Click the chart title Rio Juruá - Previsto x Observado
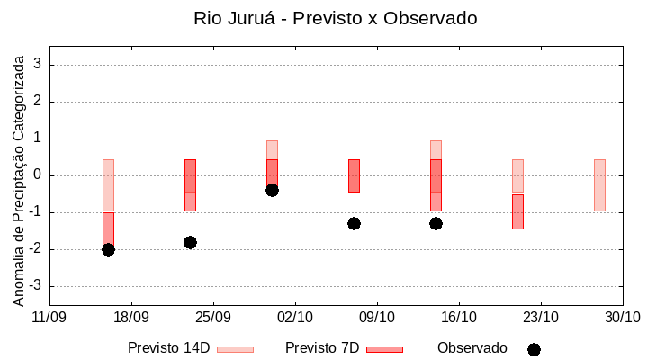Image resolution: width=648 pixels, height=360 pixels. click(336, 18)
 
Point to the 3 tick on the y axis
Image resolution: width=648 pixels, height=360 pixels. click(39, 65)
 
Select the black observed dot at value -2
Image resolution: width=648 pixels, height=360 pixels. click(108, 249)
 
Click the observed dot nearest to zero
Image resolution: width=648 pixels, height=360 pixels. click(272, 190)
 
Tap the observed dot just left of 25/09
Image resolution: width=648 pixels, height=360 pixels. click(190, 242)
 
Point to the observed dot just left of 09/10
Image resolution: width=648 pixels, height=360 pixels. click(354, 223)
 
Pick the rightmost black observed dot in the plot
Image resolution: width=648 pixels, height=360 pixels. click(436, 223)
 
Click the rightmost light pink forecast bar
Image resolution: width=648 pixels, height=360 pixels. click(599, 185)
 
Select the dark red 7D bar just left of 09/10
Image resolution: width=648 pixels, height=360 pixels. click(354, 175)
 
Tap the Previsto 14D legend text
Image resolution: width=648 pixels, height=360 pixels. click(169, 348)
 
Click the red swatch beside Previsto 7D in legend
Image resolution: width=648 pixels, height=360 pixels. click(384, 349)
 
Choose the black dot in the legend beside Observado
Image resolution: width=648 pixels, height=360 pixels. click(534, 349)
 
